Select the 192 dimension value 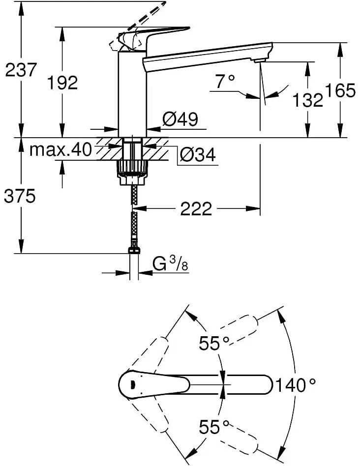point(62,82)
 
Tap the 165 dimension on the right point(340,90)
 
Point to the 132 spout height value point(308,100)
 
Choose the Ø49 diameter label point(180,119)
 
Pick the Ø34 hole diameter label point(197,155)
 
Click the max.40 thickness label point(61,149)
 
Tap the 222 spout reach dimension point(196,209)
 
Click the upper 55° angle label point(214,343)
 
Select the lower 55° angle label point(214,426)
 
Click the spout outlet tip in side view point(258,59)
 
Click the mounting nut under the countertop point(131,170)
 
